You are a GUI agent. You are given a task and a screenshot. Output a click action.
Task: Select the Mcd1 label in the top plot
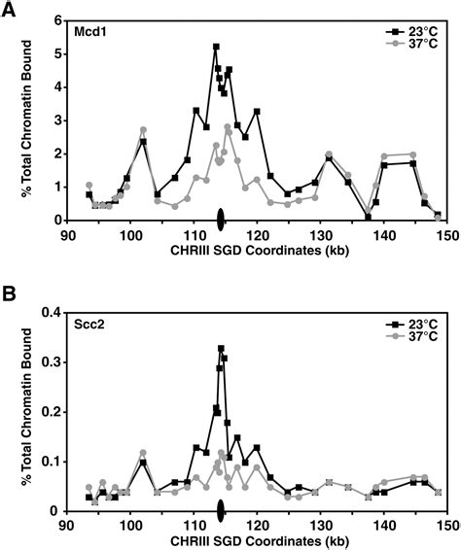92,32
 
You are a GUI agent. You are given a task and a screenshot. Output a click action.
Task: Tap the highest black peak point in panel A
216,47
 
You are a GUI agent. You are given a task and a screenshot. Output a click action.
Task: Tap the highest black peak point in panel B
221,348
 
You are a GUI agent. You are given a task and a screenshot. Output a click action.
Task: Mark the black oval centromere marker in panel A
221,219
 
